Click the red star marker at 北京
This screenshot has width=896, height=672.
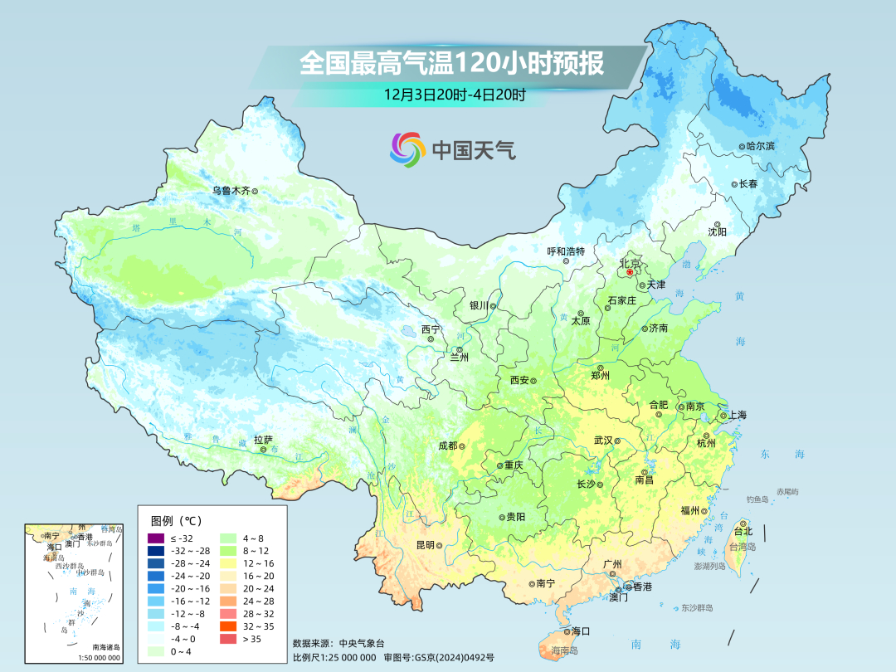(630, 271)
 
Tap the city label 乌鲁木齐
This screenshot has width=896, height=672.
(230, 190)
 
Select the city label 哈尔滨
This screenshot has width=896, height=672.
(760, 146)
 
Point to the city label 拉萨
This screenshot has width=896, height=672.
(263, 440)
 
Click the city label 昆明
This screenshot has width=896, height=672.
(425, 545)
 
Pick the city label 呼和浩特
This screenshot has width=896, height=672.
(566, 251)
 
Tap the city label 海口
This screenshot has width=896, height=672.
(580, 631)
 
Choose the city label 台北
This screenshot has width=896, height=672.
(743, 531)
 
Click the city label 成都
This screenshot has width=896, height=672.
(447, 446)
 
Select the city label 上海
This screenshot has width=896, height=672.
(736, 415)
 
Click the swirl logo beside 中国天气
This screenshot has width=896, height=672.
(407, 149)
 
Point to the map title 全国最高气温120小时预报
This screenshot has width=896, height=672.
(451, 64)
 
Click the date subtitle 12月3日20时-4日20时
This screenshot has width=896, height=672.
(454, 95)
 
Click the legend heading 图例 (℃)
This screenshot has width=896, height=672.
(176, 520)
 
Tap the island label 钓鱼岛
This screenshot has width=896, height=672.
(758, 499)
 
